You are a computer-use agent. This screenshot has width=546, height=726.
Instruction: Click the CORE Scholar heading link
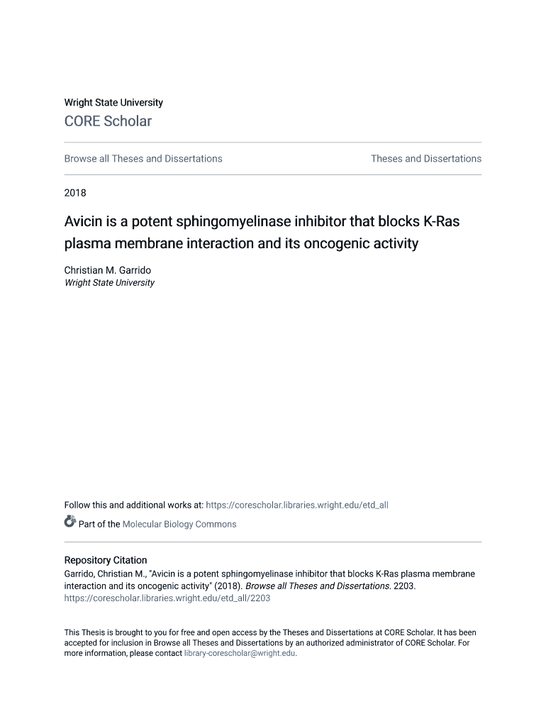coord(108,121)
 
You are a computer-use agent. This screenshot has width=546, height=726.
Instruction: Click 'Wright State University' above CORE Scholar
coord(113,103)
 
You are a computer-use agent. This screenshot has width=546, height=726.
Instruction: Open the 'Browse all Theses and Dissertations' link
coord(143,159)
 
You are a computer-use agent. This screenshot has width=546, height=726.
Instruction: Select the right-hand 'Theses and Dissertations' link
coord(425,159)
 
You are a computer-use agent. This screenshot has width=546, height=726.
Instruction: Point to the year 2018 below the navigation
coord(75,193)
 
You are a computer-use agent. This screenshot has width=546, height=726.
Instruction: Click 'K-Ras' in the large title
coord(441,221)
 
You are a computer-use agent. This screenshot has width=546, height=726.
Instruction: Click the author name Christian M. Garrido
coord(106,271)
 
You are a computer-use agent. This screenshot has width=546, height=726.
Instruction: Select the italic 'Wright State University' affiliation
coord(109,283)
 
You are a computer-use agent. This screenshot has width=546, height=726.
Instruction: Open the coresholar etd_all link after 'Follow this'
coord(296,506)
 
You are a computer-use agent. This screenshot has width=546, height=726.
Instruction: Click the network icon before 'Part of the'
coord(70,523)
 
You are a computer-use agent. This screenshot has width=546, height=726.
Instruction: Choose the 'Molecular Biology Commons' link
coord(179,525)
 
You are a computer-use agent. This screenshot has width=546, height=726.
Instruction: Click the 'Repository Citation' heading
coord(106,560)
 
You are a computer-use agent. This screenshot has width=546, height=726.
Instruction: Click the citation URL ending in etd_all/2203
coord(167,598)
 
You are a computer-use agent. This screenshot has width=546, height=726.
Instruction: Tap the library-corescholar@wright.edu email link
coord(240,654)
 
